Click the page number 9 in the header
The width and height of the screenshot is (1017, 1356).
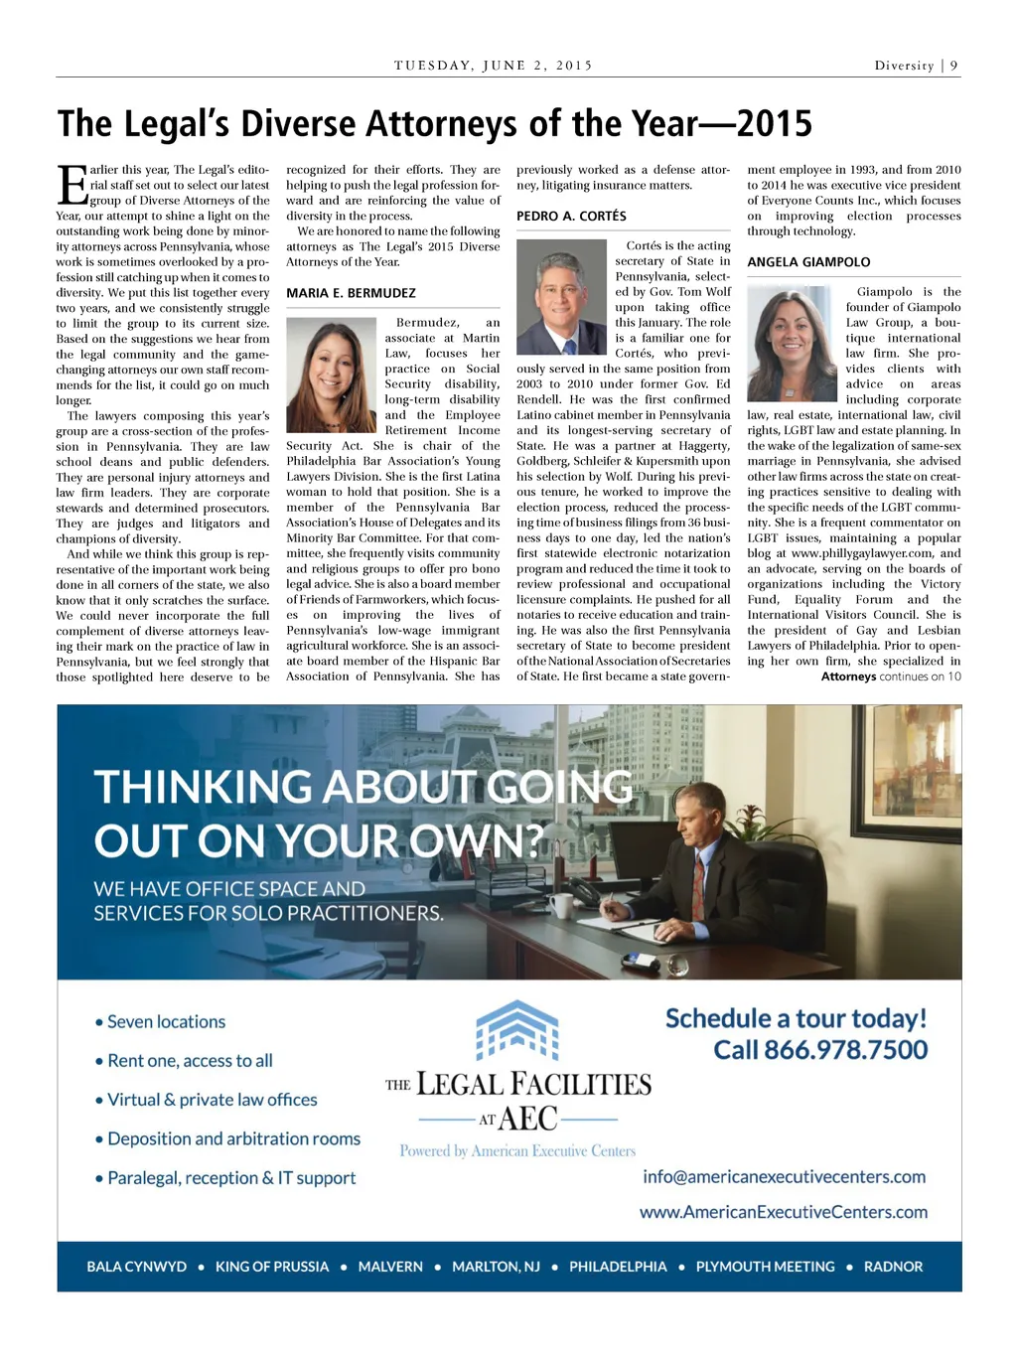[x=953, y=66]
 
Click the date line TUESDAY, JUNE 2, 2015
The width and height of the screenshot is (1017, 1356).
[x=493, y=66]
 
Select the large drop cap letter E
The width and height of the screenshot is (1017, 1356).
[x=73, y=185]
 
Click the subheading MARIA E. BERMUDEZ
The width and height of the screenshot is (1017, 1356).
[x=351, y=293]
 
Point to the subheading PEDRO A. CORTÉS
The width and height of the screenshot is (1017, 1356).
[x=571, y=216]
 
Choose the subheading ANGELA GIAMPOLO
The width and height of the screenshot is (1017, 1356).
[x=808, y=262]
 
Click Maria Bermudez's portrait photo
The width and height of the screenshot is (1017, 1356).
[x=331, y=375]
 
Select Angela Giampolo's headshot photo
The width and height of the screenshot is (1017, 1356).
[x=792, y=343]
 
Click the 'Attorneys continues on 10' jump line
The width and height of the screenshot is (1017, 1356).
[x=891, y=677]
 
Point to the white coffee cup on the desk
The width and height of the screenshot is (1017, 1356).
[x=561, y=905]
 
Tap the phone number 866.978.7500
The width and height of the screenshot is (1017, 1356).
[x=820, y=1050]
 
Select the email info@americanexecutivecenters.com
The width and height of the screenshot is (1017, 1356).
[x=784, y=1176]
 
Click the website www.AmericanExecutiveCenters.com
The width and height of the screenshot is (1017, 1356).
[x=783, y=1212]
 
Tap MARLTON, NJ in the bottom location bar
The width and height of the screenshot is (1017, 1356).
[x=496, y=1267]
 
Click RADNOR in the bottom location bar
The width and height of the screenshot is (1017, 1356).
[x=893, y=1267]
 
